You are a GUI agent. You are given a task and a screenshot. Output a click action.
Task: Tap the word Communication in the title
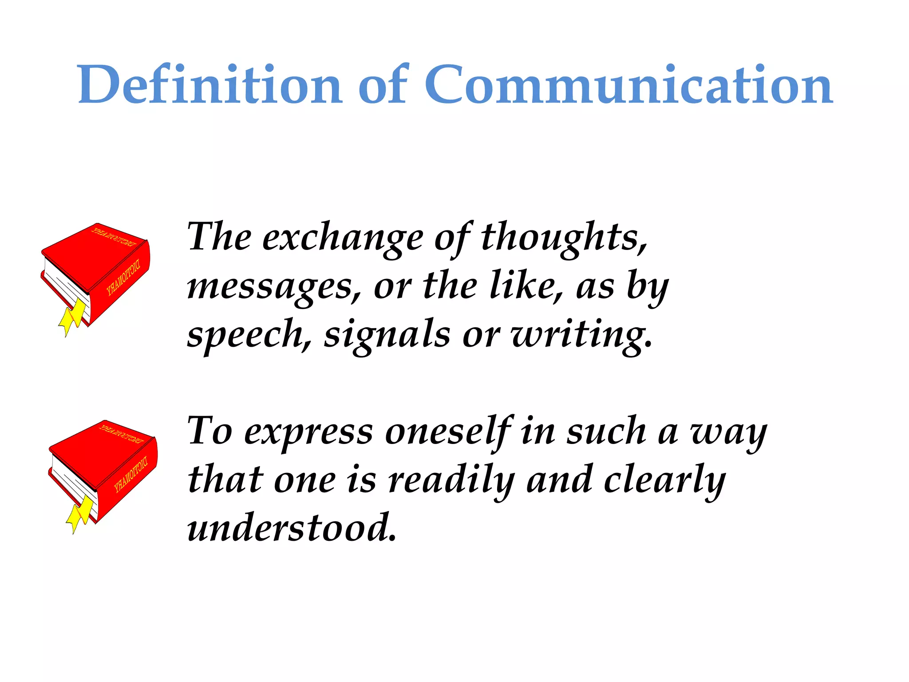628,84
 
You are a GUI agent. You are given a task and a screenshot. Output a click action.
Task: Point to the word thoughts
564,238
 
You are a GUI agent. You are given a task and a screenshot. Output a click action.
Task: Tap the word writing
581,335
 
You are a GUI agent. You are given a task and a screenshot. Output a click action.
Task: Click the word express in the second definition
309,433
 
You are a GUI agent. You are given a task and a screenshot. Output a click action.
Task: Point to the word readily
451,481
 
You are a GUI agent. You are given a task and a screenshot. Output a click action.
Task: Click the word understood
291,528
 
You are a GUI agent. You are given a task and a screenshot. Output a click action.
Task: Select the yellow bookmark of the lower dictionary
81,513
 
